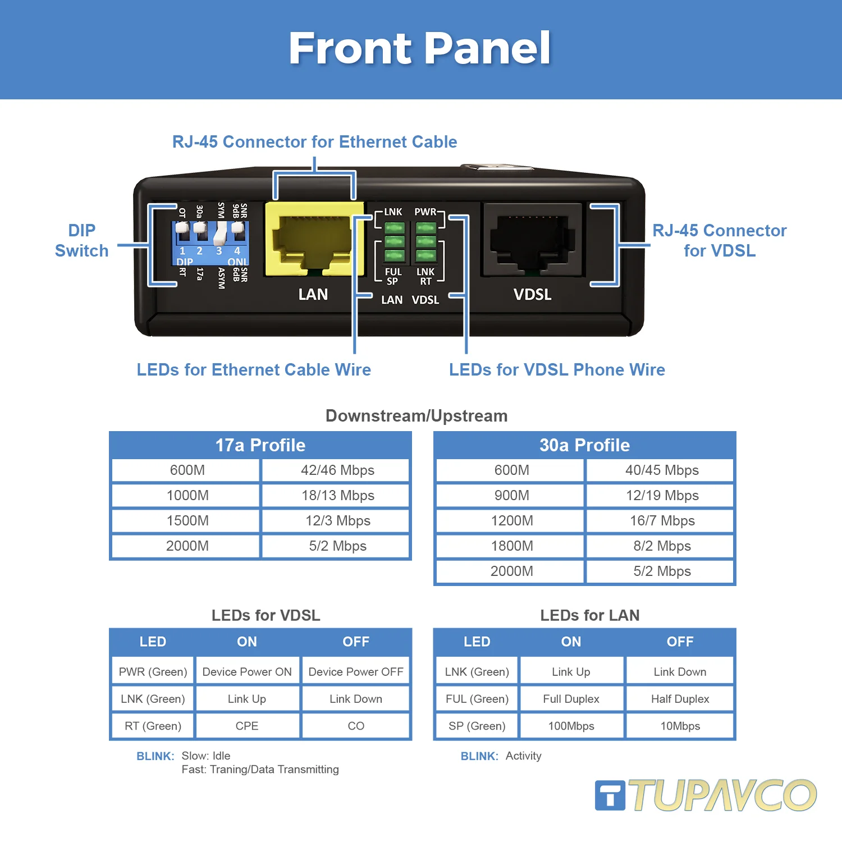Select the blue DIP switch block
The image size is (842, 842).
[x=210, y=243]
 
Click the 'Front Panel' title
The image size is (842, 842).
[x=420, y=48]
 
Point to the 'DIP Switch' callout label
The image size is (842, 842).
[x=81, y=241]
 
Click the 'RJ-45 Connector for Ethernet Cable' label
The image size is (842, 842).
[x=314, y=142]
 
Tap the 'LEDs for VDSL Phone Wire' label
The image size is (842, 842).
[x=557, y=370]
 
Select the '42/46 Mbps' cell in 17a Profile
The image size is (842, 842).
[x=337, y=470]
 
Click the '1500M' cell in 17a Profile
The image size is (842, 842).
[x=187, y=521]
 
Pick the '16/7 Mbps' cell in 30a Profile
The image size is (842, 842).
[x=662, y=521]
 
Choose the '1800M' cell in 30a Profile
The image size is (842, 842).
[x=511, y=546]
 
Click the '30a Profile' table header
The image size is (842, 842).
[x=584, y=445]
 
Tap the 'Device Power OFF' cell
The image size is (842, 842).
[x=356, y=672]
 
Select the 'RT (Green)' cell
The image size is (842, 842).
[x=153, y=726]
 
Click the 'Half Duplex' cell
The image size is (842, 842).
[x=680, y=699]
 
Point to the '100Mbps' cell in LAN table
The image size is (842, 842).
[x=571, y=726]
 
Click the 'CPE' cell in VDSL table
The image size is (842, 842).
[x=247, y=726]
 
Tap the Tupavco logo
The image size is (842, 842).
[x=706, y=795]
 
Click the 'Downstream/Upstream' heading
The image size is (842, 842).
[x=417, y=416]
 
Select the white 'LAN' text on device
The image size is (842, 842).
[x=313, y=295]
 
